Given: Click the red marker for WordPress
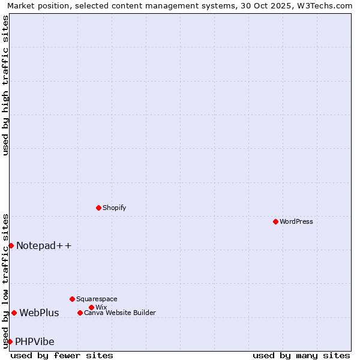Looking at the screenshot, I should [275, 221].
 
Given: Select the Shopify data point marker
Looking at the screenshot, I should [98, 208].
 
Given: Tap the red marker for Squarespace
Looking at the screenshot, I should [72, 299].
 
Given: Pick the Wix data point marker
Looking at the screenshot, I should [91, 307].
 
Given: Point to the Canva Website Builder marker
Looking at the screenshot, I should [80, 313].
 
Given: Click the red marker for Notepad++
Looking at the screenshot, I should [11, 245].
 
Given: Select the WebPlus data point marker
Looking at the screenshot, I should [14, 313].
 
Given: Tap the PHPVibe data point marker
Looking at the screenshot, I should [10, 341].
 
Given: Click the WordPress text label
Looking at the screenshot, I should [296, 221].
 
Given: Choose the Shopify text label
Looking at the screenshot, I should [114, 208].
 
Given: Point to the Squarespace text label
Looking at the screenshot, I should [97, 299].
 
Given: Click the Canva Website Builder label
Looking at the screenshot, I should [120, 313].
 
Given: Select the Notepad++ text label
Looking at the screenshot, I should [44, 245].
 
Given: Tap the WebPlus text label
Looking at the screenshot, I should [39, 313].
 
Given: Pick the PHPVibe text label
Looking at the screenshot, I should [35, 341].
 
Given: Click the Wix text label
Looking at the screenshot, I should [101, 307].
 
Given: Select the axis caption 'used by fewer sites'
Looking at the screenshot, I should [62, 355].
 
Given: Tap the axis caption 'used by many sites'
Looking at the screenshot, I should [301, 355].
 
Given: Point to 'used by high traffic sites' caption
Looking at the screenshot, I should [5, 85].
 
